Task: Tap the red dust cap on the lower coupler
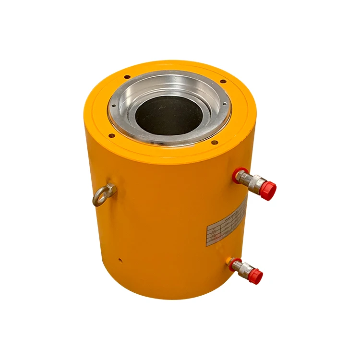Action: coord(256,276)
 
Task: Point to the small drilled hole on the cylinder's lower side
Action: coord(120,261)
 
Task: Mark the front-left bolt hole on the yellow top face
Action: coord(110,135)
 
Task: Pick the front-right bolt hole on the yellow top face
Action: coord(215,142)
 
